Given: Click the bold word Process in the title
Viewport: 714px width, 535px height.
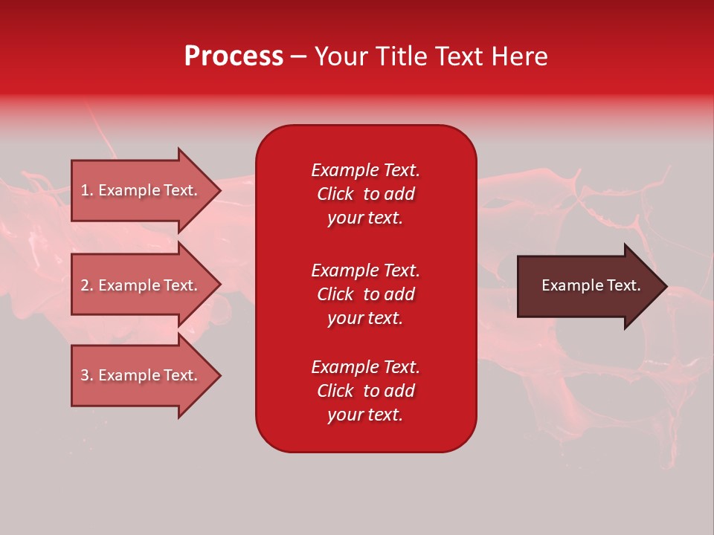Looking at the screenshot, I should pos(234,56).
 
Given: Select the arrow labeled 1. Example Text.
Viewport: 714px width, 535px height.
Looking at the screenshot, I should pos(141,190).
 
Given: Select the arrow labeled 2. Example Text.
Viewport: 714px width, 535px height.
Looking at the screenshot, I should pos(141,285).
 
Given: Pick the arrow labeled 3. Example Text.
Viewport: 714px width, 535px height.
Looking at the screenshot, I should pos(141,375).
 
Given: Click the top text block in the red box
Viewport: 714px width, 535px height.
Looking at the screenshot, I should pos(365,194).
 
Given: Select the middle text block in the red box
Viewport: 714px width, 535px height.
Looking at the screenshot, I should pos(365,294).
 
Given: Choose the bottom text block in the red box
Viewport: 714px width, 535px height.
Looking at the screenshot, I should pos(365,391).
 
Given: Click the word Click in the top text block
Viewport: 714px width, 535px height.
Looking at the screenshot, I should pos(335,194).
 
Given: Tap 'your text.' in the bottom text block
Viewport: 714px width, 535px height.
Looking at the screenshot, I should pos(365,415).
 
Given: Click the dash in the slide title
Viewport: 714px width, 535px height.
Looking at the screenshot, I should pos(298,57).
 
